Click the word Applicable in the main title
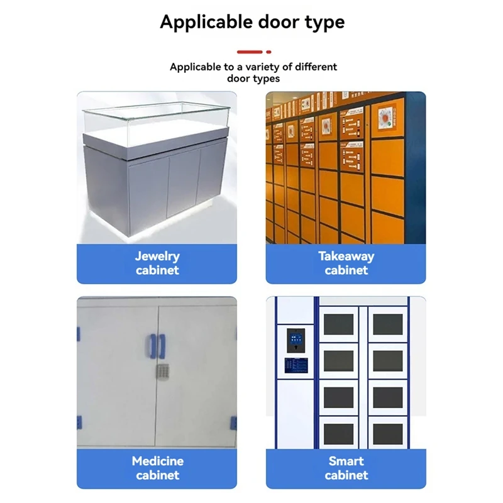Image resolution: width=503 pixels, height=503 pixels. pos(206,23)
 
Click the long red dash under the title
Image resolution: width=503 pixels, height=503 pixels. pos(250,52)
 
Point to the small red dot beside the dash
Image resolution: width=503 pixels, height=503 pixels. pos(269,52)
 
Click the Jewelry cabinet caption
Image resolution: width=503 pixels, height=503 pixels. pos(157,263)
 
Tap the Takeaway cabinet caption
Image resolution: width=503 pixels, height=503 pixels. pos(346,263)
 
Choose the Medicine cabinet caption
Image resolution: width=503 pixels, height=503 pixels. pos(158,468)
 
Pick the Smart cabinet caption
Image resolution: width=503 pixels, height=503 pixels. pos(346,468)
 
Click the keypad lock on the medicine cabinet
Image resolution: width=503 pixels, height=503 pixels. pos(163,372)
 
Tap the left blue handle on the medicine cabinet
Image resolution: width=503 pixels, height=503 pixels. pos(152,346)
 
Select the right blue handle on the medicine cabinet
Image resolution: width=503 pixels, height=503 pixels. pos(162,346)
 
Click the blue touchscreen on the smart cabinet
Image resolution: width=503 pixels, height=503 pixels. pos(296,338)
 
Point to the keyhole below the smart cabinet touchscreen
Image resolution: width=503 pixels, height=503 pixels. pos(296,348)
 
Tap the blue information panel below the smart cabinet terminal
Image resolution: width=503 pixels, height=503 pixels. pos(296,365)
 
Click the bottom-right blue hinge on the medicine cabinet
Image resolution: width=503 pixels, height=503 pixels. pos(233,423)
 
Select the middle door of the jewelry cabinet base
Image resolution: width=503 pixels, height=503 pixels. pos(183,186)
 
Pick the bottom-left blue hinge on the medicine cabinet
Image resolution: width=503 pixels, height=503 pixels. pos(79,422)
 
